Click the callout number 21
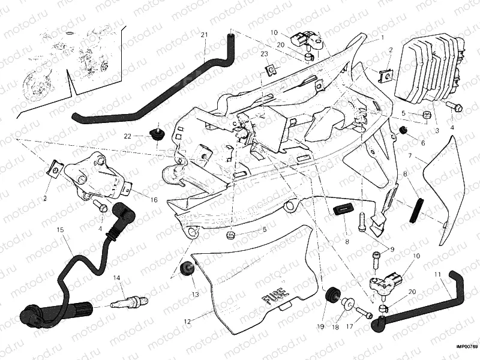204,35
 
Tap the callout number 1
382,37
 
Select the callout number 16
154,200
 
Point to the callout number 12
187,322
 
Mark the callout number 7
410,155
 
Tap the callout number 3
437,130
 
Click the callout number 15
60,230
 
